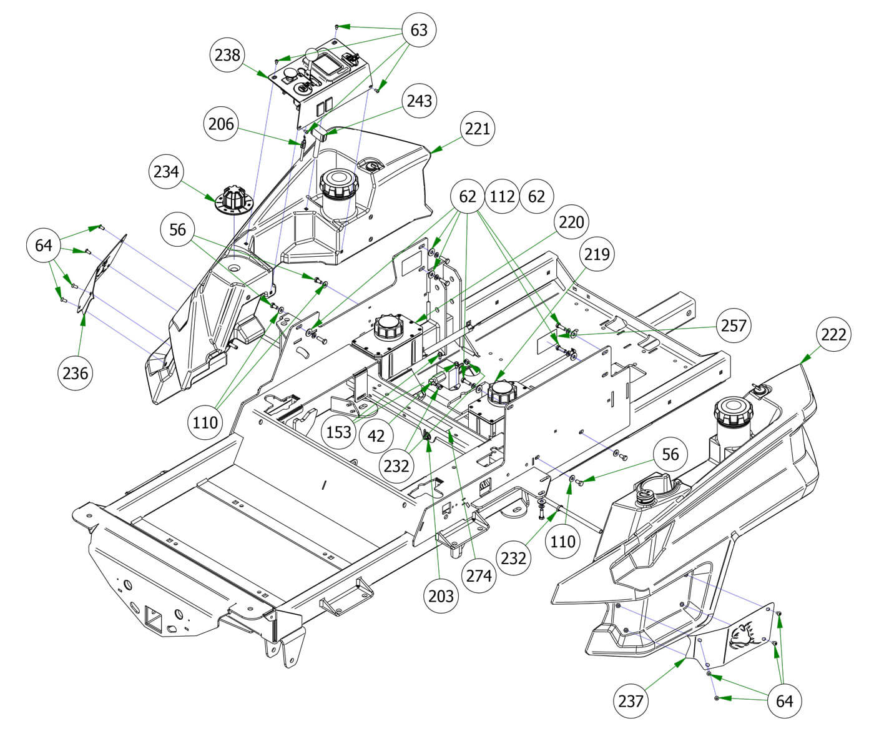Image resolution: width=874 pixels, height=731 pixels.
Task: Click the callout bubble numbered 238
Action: coord(227,54)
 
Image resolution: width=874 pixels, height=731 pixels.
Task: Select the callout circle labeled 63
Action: coord(419,29)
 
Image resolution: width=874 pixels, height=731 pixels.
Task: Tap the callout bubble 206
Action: coord(221,124)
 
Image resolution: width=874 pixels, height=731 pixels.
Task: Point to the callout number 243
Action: coord(419,100)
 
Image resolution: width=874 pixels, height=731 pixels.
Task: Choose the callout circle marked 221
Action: coord(478,129)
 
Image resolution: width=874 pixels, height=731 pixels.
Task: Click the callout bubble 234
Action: coord(167,171)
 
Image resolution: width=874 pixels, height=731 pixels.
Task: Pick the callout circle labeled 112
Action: coord(503,197)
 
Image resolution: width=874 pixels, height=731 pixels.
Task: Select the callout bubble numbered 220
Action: coord(571,222)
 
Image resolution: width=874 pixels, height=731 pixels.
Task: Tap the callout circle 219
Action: coord(597,254)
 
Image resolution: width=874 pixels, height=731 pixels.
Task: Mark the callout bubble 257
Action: coord(734,326)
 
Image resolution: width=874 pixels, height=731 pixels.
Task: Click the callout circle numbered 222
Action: coord(834,334)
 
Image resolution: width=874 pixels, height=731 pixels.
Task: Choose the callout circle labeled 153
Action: coord(339,431)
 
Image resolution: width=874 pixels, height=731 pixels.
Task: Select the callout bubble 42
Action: coord(376,435)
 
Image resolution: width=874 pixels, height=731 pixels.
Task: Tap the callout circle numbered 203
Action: coord(441,595)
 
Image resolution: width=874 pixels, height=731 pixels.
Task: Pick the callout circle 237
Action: coord(631,701)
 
